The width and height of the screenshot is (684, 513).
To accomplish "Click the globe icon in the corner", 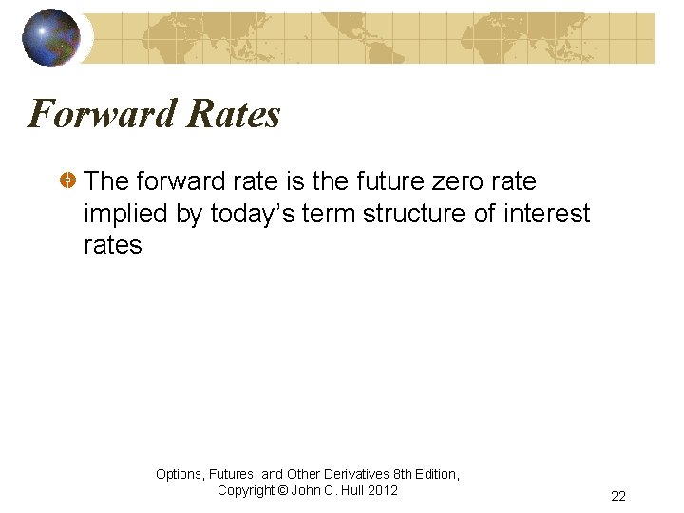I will click(x=51, y=37).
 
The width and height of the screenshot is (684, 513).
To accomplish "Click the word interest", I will click(x=546, y=214).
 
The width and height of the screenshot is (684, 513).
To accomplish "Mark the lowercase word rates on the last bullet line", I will click(x=112, y=245).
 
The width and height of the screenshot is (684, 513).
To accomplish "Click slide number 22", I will click(x=618, y=496).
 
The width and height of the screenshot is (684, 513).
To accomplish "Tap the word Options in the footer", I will click(x=180, y=474).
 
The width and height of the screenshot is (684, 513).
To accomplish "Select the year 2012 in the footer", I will click(x=382, y=490).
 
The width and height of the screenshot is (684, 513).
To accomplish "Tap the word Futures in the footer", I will click(x=235, y=474).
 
